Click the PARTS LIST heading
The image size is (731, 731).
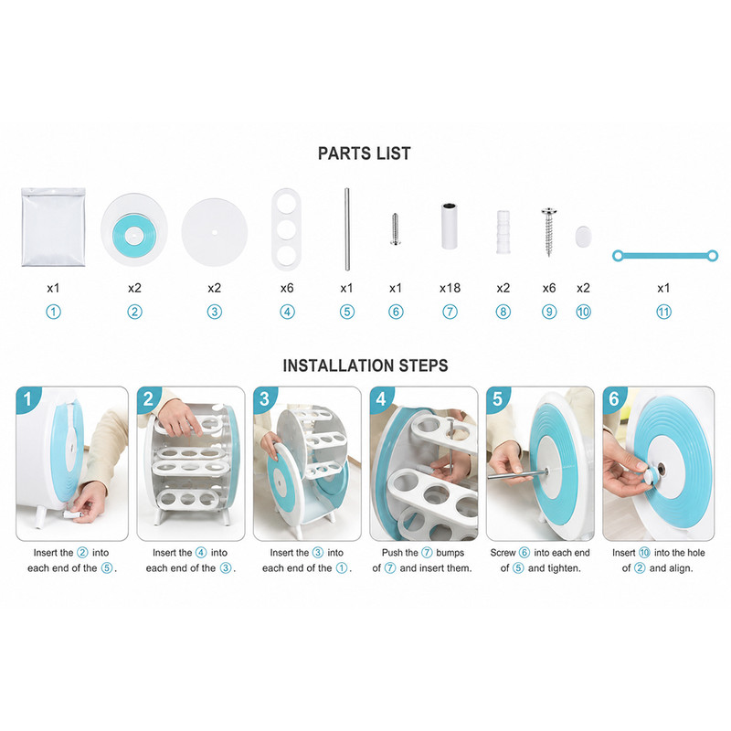364,154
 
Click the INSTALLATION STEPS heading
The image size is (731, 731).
365,365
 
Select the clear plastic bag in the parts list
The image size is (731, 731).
53,227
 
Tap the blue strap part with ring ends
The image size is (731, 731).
665,256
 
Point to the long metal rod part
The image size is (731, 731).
347,229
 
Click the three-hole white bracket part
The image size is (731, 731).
286,229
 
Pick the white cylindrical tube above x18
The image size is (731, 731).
450,226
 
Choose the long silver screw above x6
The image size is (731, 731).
549,232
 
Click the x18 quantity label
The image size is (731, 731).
450,288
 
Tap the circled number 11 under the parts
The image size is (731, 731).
664,312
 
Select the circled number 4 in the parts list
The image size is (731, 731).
287,312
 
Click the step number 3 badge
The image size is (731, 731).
264,398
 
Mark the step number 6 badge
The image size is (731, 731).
614,398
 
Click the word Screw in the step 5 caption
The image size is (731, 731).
503,553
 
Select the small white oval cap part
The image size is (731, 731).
583,237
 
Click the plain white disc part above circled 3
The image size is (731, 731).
215,232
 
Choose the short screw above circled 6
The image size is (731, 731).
395,229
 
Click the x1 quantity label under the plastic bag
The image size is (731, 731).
53,288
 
